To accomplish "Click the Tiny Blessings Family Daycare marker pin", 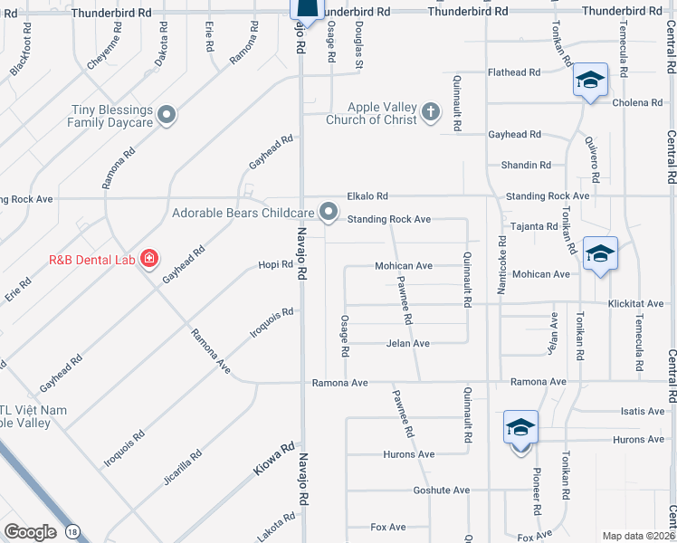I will [166, 115].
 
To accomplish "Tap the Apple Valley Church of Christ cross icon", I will [431, 112].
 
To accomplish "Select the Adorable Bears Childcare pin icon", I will [329, 213].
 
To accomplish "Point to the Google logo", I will [29, 532].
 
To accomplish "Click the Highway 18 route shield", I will [72, 532].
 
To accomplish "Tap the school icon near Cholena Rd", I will [589, 81].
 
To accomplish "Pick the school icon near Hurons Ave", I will [520, 427].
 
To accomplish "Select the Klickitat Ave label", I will [636, 304].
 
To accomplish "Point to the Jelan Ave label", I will [407, 344].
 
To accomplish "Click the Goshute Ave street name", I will [441, 491].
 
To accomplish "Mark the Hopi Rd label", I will [276, 265].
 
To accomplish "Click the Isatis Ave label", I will [643, 411].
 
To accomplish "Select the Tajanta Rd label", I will [534, 226].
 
